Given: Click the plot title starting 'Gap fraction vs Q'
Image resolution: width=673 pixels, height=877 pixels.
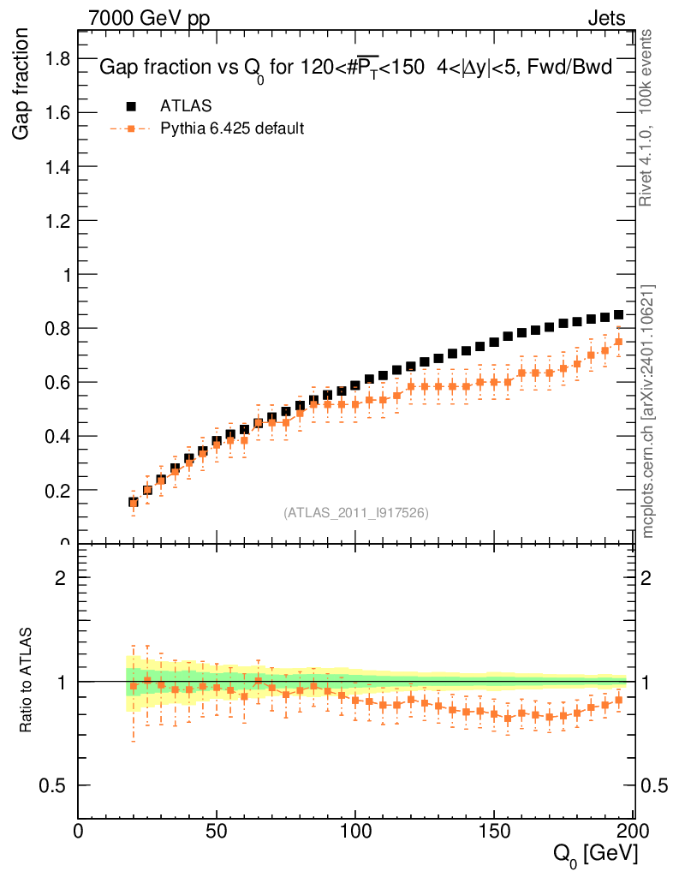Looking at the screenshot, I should tap(355, 69).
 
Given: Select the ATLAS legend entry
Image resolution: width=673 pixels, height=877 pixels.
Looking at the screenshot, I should tap(186, 105).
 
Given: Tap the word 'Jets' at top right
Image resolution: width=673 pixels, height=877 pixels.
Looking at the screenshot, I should tap(606, 18).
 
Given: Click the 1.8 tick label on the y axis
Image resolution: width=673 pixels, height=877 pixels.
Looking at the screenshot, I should tap(58, 58).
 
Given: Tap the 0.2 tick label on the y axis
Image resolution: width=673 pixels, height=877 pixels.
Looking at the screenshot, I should tap(58, 491).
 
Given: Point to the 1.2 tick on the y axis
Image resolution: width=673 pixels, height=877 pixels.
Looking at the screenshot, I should tap(58, 220).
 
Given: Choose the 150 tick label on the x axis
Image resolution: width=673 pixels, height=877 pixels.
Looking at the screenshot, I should tap(494, 831).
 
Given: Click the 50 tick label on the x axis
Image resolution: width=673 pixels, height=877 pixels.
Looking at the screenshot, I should tap(217, 831).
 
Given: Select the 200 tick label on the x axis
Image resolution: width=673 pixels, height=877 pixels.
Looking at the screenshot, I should tap(632, 831).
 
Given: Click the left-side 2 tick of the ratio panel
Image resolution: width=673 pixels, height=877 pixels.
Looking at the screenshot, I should tap(62, 578).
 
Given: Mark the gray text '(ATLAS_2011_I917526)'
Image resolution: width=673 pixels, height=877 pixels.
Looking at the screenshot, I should tap(356, 513).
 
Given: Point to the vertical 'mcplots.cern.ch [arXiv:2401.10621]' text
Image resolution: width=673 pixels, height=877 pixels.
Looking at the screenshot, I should tap(648, 411).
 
